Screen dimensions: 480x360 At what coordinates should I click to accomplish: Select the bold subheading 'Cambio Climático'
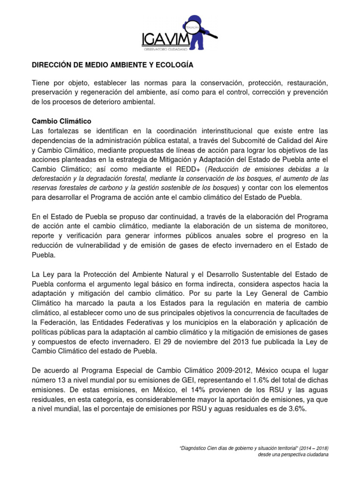click(61, 121)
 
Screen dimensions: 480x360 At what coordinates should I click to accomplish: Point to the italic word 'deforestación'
click(54, 179)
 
